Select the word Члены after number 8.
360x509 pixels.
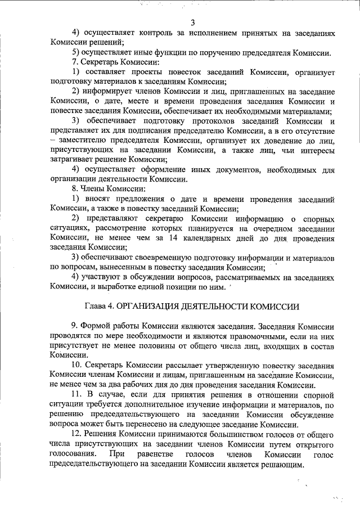coord(100,188)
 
